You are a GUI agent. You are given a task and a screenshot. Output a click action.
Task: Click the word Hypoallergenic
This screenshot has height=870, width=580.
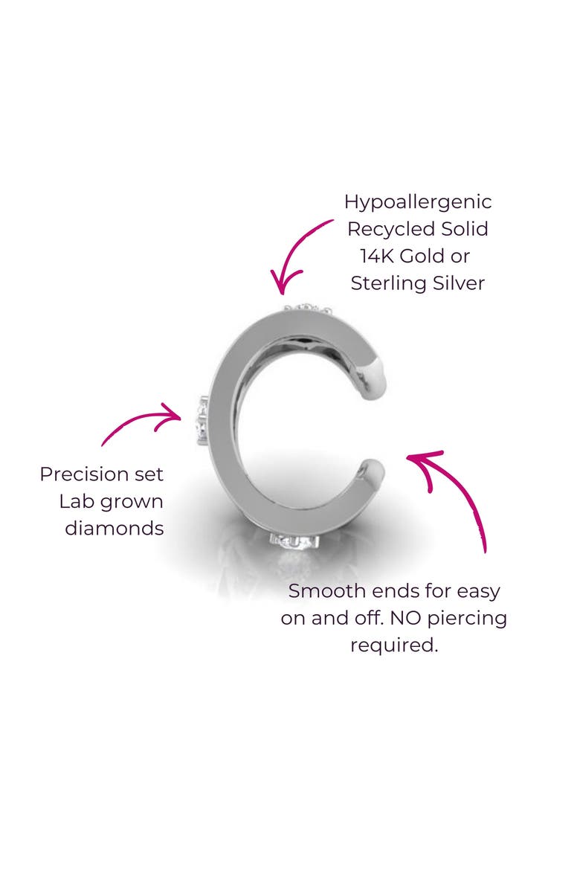pos(417,203)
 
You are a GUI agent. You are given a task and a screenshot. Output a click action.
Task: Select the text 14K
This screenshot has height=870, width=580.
pos(377,256)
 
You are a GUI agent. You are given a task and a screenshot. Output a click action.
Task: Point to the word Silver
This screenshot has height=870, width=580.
pos(459,283)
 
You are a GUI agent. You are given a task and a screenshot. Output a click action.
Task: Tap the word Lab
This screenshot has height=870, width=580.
pos(74,501)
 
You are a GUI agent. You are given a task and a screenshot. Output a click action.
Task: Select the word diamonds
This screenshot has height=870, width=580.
pos(115,528)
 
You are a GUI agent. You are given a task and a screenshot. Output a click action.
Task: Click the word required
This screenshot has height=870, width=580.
pos(394,645)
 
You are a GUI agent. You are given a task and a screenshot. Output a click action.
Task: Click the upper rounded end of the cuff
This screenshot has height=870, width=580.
pos(374,381)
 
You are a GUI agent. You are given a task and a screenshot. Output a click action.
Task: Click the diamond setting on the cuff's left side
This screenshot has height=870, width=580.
pos(202,420)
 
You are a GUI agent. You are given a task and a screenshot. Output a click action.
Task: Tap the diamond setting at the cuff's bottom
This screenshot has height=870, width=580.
pos(294,541)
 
